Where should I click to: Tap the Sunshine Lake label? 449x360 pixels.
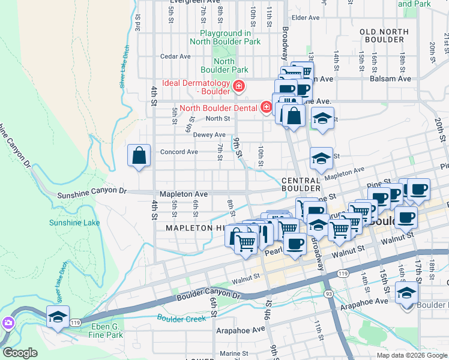tap(75, 223)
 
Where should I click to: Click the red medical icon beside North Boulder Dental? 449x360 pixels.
tap(267, 108)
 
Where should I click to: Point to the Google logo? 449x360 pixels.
tap(20, 353)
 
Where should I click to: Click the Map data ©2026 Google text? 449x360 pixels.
tap(412, 355)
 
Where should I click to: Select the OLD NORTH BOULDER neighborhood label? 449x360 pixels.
tap(382, 35)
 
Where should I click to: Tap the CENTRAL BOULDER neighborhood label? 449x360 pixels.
tap(301, 185)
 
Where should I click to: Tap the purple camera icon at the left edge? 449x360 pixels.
tap(7, 324)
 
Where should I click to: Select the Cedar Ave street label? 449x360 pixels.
tap(175, 57)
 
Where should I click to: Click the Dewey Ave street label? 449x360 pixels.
tap(209, 135)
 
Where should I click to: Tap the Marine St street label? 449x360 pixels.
tap(234, 353)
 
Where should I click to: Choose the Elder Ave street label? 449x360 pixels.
tap(306, 18)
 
